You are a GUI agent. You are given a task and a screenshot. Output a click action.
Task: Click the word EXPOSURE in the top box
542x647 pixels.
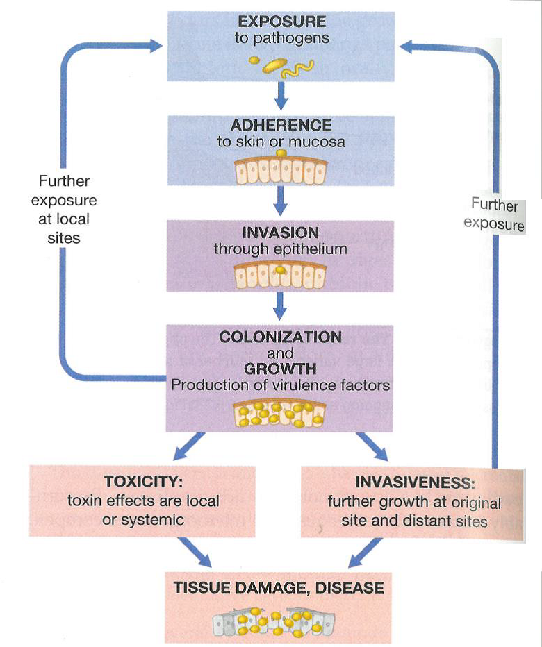[281, 22]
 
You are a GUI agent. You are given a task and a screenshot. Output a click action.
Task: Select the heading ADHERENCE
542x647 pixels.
[281, 126]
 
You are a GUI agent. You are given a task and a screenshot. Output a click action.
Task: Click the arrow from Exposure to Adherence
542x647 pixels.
[281, 95]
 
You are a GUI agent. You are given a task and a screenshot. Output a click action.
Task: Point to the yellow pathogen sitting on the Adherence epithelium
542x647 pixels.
[281, 153]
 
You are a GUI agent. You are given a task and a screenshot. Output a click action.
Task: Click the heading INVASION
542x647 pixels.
[281, 232]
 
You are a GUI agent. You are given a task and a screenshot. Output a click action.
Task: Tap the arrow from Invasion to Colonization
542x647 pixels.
[281, 303]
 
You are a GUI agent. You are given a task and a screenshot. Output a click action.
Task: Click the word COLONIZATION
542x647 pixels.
[281, 337]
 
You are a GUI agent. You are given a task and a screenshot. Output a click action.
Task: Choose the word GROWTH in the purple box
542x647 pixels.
[281, 368]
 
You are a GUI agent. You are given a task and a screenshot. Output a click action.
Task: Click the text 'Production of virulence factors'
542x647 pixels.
[281, 385]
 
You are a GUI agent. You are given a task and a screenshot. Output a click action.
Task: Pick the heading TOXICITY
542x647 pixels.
[143, 481]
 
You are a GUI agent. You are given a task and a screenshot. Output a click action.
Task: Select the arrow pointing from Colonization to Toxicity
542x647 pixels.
[188, 446]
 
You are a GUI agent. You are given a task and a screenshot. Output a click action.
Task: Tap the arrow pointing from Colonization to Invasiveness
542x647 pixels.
[372, 446]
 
